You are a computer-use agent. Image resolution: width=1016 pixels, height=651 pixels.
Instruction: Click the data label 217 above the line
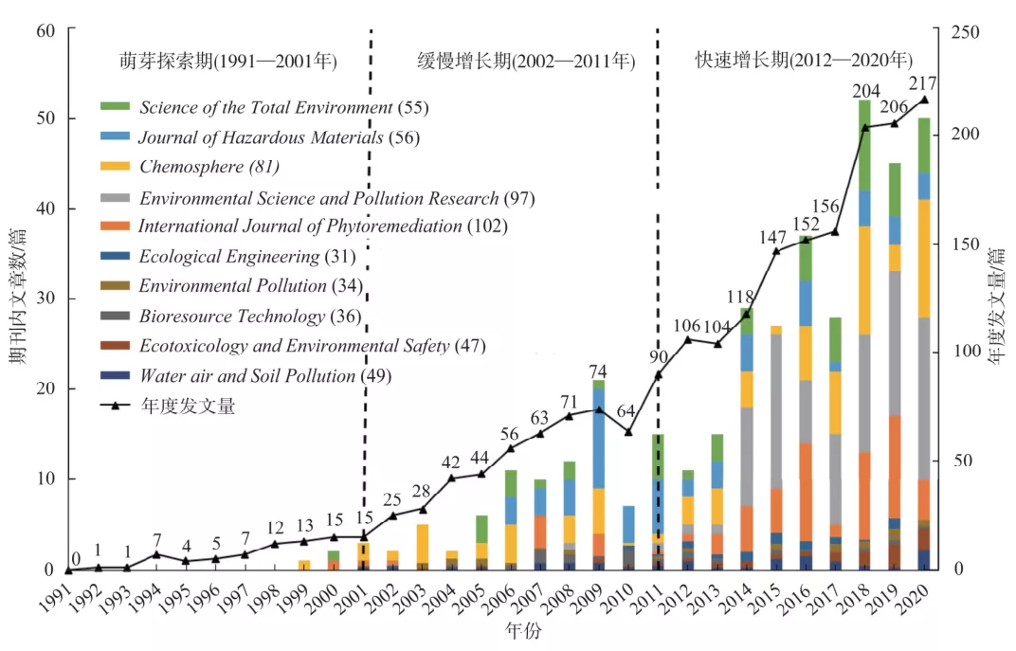coord(923,82)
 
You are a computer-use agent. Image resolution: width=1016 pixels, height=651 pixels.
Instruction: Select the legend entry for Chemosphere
coord(209,168)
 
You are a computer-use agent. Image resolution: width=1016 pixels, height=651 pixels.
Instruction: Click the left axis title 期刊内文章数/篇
coord(21,298)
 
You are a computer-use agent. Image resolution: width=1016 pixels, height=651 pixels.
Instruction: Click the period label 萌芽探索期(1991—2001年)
coord(228,62)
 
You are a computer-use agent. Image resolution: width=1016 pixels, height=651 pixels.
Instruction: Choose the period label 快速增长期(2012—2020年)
coord(804,62)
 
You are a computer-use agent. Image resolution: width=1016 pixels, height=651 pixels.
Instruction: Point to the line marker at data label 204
coord(864,126)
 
